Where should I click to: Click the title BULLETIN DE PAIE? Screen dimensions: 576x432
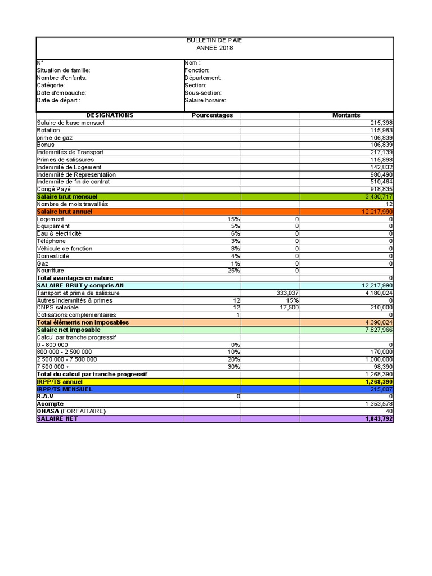214,40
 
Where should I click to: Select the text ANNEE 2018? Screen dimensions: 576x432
214,48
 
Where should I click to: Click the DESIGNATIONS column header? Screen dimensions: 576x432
110,115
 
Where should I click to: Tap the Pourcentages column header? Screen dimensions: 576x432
212,115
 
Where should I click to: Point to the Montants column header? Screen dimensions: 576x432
346,115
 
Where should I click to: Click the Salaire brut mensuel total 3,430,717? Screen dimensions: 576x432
378,197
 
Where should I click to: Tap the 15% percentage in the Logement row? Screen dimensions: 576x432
233,219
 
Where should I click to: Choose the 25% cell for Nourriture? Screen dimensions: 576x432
233,271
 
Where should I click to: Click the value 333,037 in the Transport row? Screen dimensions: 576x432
287,293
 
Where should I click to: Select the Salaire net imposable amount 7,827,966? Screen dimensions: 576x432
378,330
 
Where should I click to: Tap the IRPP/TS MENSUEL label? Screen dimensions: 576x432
65,389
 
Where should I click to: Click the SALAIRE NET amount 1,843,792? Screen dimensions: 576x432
378,418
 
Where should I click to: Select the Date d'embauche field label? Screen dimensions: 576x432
61,93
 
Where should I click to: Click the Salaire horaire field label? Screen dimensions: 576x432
205,100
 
